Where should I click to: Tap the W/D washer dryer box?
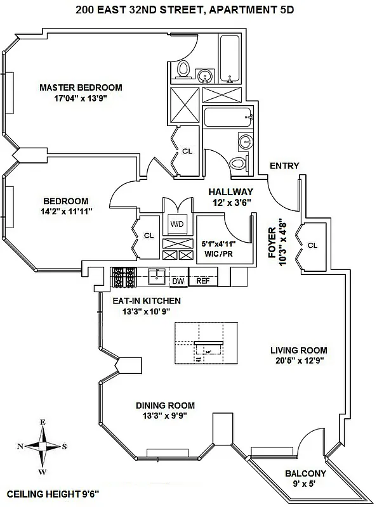click(x=176, y=224)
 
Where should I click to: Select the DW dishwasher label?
click(x=178, y=280)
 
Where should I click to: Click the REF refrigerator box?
click(x=202, y=280)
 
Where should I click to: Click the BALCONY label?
click(x=305, y=473)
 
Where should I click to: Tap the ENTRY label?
click(x=284, y=166)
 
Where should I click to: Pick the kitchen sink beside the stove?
click(x=157, y=276)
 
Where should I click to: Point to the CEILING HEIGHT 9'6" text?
click(x=53, y=493)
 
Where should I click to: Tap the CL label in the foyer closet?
click(x=312, y=245)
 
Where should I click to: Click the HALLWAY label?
click(x=231, y=192)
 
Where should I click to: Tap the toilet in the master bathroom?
click(x=183, y=69)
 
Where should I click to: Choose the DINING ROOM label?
click(x=165, y=406)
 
